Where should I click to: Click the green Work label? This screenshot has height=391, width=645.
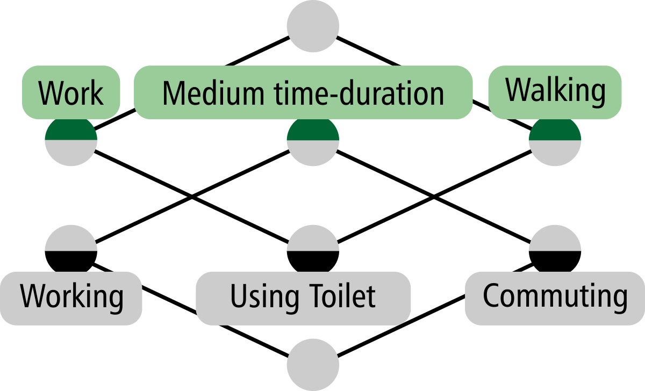coord(70,92)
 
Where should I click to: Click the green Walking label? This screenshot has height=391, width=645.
coord(555,91)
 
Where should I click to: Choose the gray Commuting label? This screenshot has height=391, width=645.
coord(555,296)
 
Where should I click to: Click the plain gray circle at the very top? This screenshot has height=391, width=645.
coord(313,24)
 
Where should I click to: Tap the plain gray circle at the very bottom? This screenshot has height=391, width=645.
coord(313,365)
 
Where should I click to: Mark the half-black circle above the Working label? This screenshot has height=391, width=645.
coord(71,250)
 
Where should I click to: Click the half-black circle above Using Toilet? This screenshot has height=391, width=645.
coord(313,250)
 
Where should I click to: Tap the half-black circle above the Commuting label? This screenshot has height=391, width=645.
coord(555,250)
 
